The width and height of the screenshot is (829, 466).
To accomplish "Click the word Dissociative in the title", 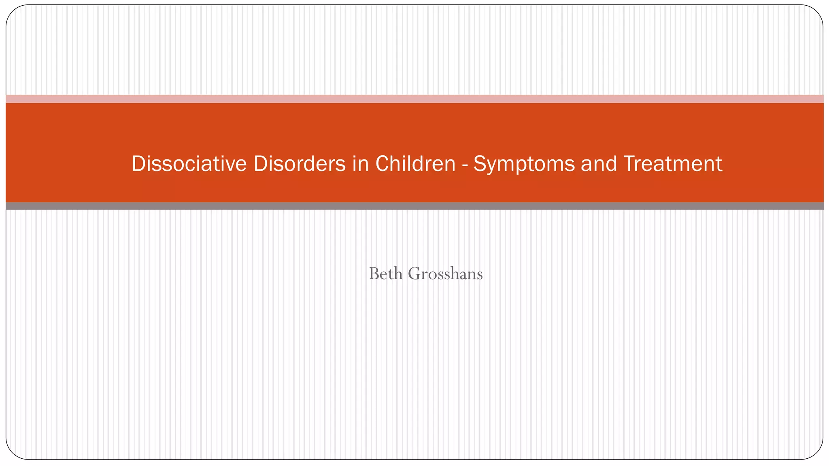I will click(189, 164).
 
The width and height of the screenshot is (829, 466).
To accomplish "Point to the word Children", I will click(415, 164).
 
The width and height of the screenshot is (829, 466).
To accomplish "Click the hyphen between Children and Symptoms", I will click(464, 165).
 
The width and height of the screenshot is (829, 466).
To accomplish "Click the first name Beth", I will click(386, 274).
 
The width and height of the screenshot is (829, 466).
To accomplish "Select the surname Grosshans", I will click(445, 274).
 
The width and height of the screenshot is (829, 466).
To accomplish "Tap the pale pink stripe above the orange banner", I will click(414, 99).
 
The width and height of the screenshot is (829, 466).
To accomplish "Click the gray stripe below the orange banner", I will click(414, 206).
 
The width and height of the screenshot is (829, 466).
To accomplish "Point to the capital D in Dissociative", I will click(138, 164).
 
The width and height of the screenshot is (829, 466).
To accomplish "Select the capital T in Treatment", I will click(629, 164).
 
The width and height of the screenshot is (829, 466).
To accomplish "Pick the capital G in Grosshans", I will click(415, 274).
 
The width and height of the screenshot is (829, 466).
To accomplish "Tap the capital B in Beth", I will click(374, 274).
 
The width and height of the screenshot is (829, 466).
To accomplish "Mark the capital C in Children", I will click(383, 164).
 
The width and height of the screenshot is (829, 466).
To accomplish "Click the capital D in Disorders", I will click(260, 164).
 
